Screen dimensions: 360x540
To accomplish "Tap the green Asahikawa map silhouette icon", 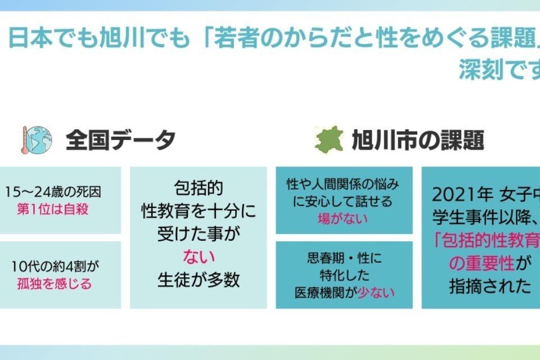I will tap(329, 140).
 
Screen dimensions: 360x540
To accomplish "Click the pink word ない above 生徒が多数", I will tap(198, 257).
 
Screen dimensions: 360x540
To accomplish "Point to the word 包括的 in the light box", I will tap(198, 187).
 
